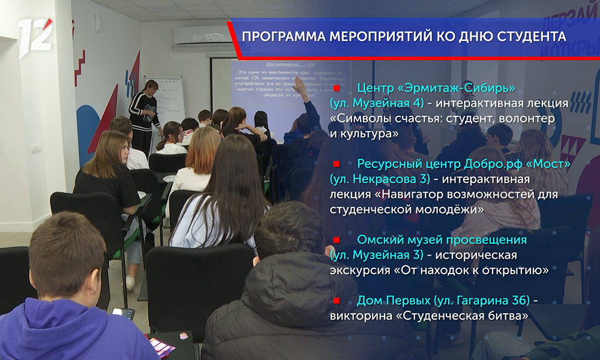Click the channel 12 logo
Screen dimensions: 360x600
click(35, 37)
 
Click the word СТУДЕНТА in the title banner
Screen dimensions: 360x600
click(532, 37)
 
